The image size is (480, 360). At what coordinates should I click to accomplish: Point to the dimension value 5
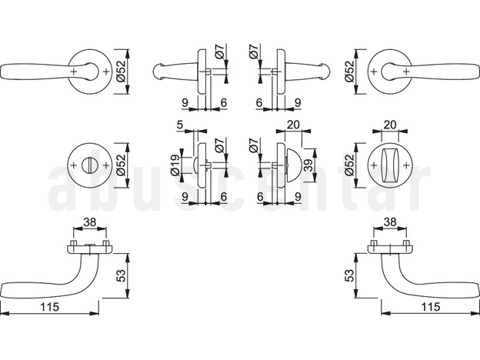click(179, 126)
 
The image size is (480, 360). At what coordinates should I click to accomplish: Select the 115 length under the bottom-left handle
click(52, 307)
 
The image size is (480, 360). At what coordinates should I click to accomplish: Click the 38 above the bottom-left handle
click(90, 222)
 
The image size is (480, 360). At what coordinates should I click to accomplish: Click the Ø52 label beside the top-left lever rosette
click(120, 71)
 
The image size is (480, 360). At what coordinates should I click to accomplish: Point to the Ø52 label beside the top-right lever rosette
click(350, 71)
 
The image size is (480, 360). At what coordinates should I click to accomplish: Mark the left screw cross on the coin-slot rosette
click(72, 163)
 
